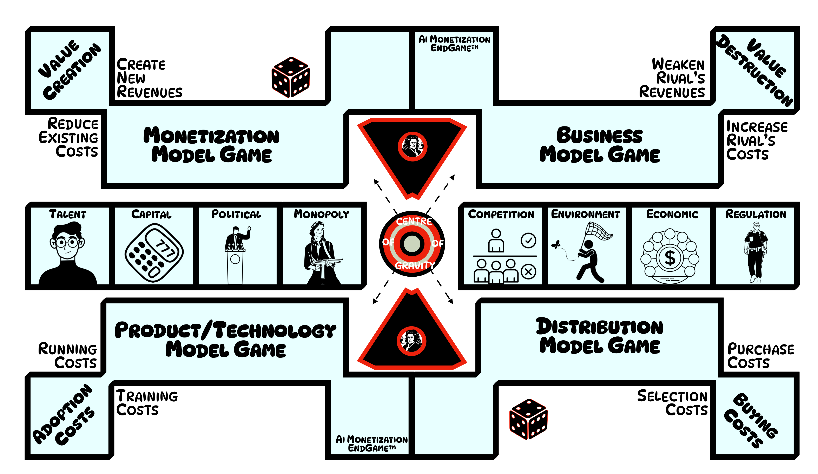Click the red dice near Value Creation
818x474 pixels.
(291, 77)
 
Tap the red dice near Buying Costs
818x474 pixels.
(528, 419)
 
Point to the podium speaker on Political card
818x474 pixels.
(236, 240)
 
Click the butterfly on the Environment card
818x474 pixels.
(556, 244)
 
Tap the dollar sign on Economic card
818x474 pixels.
(670, 258)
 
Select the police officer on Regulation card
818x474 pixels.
(756, 252)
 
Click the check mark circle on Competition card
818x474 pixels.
(528, 241)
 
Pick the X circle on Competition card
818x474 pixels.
(528, 271)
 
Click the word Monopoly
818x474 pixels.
(321, 214)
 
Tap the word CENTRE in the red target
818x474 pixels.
(414, 221)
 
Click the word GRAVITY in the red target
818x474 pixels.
(415, 266)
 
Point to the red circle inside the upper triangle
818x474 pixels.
(412, 146)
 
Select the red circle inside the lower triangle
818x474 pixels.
(411, 341)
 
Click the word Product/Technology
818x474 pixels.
(225, 330)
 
